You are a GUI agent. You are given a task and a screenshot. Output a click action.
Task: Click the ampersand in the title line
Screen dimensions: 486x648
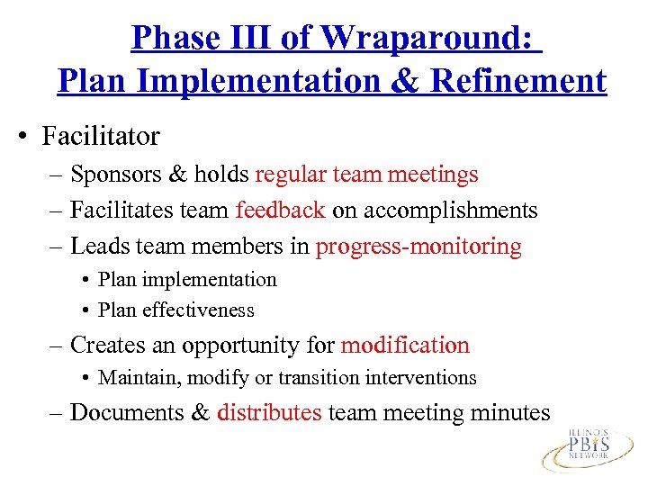(x=407, y=81)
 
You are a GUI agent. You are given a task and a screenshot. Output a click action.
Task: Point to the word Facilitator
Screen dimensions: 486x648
(x=102, y=137)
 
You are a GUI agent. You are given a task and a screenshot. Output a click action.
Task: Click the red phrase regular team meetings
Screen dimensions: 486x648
(x=366, y=174)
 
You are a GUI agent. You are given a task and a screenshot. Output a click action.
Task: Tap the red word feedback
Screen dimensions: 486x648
(x=280, y=210)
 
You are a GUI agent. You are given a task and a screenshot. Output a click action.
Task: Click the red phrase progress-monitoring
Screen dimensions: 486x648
(x=418, y=247)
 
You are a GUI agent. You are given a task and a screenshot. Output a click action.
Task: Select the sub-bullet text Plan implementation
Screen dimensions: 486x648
(x=187, y=280)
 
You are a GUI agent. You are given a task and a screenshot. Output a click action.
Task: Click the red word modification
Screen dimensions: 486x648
(x=405, y=346)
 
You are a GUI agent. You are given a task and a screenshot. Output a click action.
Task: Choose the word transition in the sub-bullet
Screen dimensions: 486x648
(x=337, y=378)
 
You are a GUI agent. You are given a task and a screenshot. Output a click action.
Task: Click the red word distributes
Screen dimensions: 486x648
(x=269, y=413)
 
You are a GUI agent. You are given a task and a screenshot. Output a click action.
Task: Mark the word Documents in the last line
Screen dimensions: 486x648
(x=129, y=413)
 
